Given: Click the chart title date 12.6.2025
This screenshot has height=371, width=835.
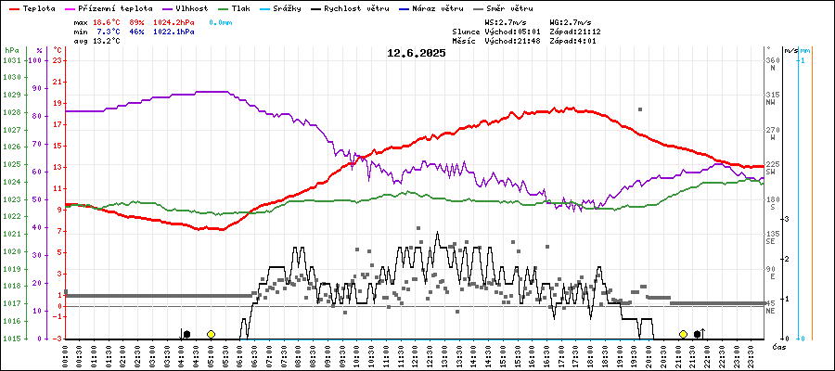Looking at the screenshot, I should point(417,53).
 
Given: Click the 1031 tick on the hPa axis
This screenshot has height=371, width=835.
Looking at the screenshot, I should point(11,60).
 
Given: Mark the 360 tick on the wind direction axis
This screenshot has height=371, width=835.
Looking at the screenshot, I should point(772,60).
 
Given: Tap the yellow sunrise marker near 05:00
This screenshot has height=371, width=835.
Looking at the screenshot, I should point(212,334).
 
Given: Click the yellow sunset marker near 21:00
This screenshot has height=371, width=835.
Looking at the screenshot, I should point(684,334).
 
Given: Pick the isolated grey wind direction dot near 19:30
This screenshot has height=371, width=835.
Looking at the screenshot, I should point(639,109).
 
